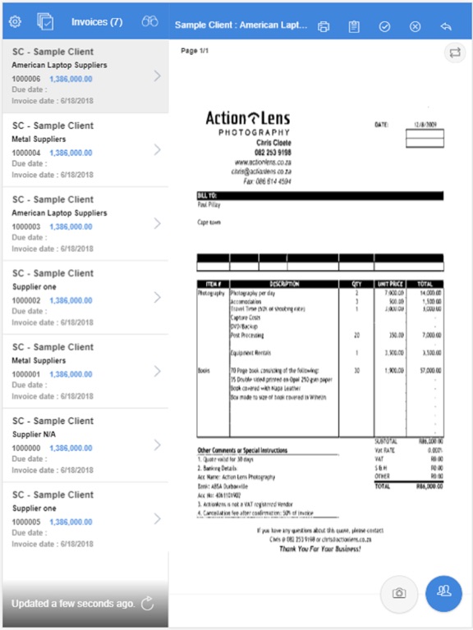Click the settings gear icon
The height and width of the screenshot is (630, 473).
(14, 22)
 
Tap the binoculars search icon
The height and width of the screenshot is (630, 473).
(149, 22)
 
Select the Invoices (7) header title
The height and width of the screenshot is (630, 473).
(97, 22)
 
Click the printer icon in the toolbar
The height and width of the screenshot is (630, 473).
(324, 26)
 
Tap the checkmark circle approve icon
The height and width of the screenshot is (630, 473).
(384, 26)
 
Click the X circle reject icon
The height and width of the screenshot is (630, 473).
(415, 26)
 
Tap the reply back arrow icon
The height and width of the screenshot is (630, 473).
(446, 26)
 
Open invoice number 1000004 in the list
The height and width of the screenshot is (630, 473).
(82, 151)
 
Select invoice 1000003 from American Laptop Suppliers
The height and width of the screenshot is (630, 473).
(82, 225)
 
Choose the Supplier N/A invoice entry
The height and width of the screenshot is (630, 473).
(82, 446)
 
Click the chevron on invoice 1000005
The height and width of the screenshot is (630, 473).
(157, 519)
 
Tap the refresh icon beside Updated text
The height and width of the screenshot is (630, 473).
(148, 604)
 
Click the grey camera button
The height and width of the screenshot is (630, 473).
(400, 592)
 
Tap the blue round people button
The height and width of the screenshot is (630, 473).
(444, 592)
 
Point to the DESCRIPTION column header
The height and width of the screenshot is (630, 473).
(283, 284)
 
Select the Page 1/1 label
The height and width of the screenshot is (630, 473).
(195, 52)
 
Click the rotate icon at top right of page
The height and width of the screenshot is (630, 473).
(454, 53)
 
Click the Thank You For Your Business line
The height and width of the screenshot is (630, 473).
(319, 548)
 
